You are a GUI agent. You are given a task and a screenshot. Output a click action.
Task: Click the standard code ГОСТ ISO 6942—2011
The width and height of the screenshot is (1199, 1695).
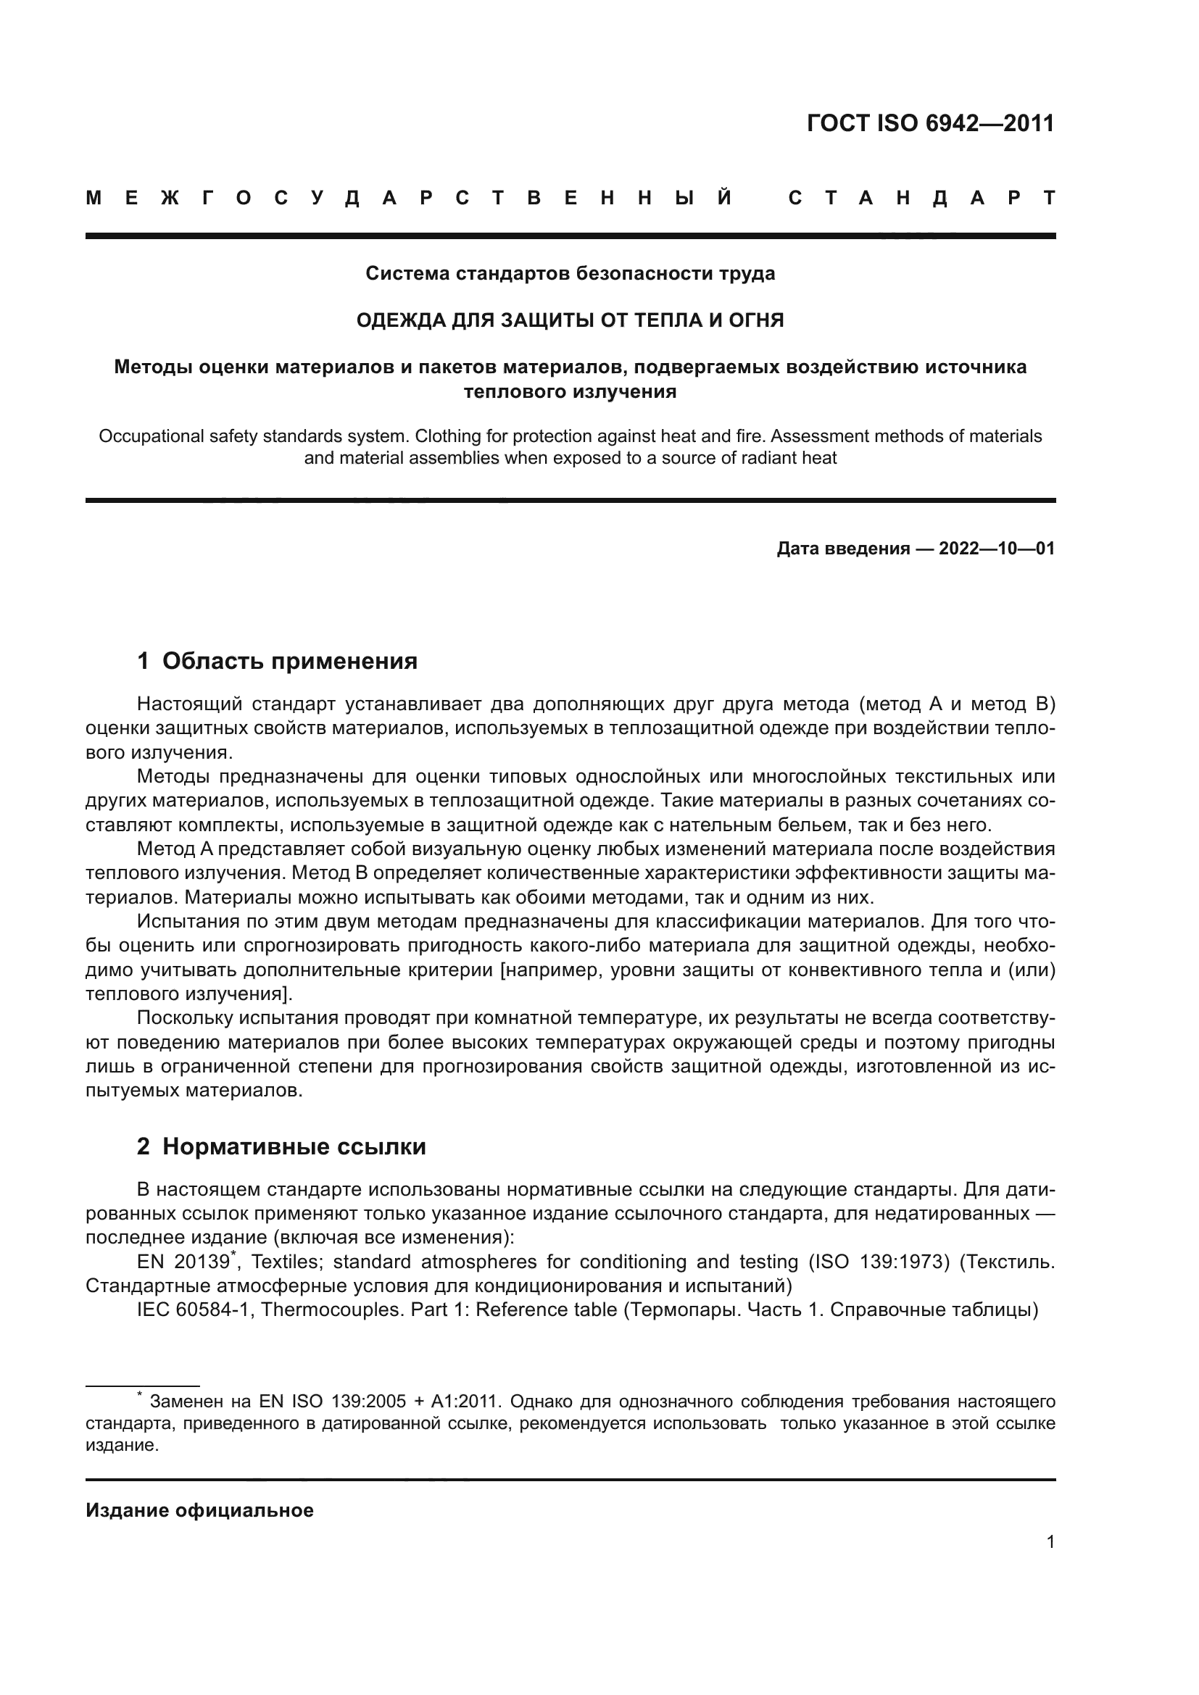click(930, 123)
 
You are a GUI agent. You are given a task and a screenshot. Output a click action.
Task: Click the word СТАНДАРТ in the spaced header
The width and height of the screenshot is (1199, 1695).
click(921, 198)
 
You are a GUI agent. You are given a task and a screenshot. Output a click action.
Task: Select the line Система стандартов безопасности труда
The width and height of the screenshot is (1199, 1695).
click(570, 273)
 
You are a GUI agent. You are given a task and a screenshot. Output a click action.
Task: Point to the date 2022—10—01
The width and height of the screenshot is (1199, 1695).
click(996, 549)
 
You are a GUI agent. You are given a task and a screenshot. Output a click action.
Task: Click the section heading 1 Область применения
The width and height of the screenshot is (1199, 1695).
click(277, 661)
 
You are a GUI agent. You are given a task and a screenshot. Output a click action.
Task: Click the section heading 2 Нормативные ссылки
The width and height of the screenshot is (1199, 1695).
click(281, 1146)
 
